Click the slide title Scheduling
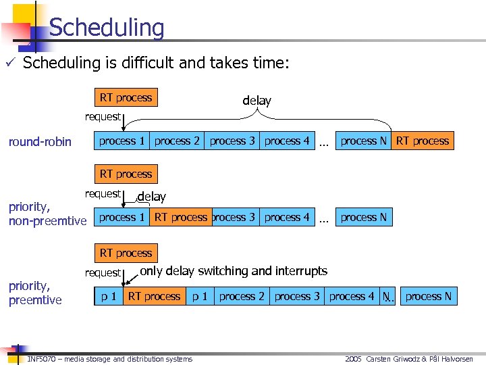[107, 28]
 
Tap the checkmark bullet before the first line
[13, 64]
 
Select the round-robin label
[40, 142]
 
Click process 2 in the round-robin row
[177, 141]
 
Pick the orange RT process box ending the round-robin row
[423, 141]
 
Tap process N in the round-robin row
[364, 141]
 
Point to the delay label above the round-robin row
[256, 101]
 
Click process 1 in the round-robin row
[122, 141]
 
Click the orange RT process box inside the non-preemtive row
[180, 218]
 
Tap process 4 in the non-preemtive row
[287, 218]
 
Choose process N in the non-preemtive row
[364, 218]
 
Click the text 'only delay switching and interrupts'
[234, 271]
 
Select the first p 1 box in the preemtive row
[109, 297]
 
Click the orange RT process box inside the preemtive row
[154, 297]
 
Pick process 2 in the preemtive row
[242, 297]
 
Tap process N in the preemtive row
[429, 297]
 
